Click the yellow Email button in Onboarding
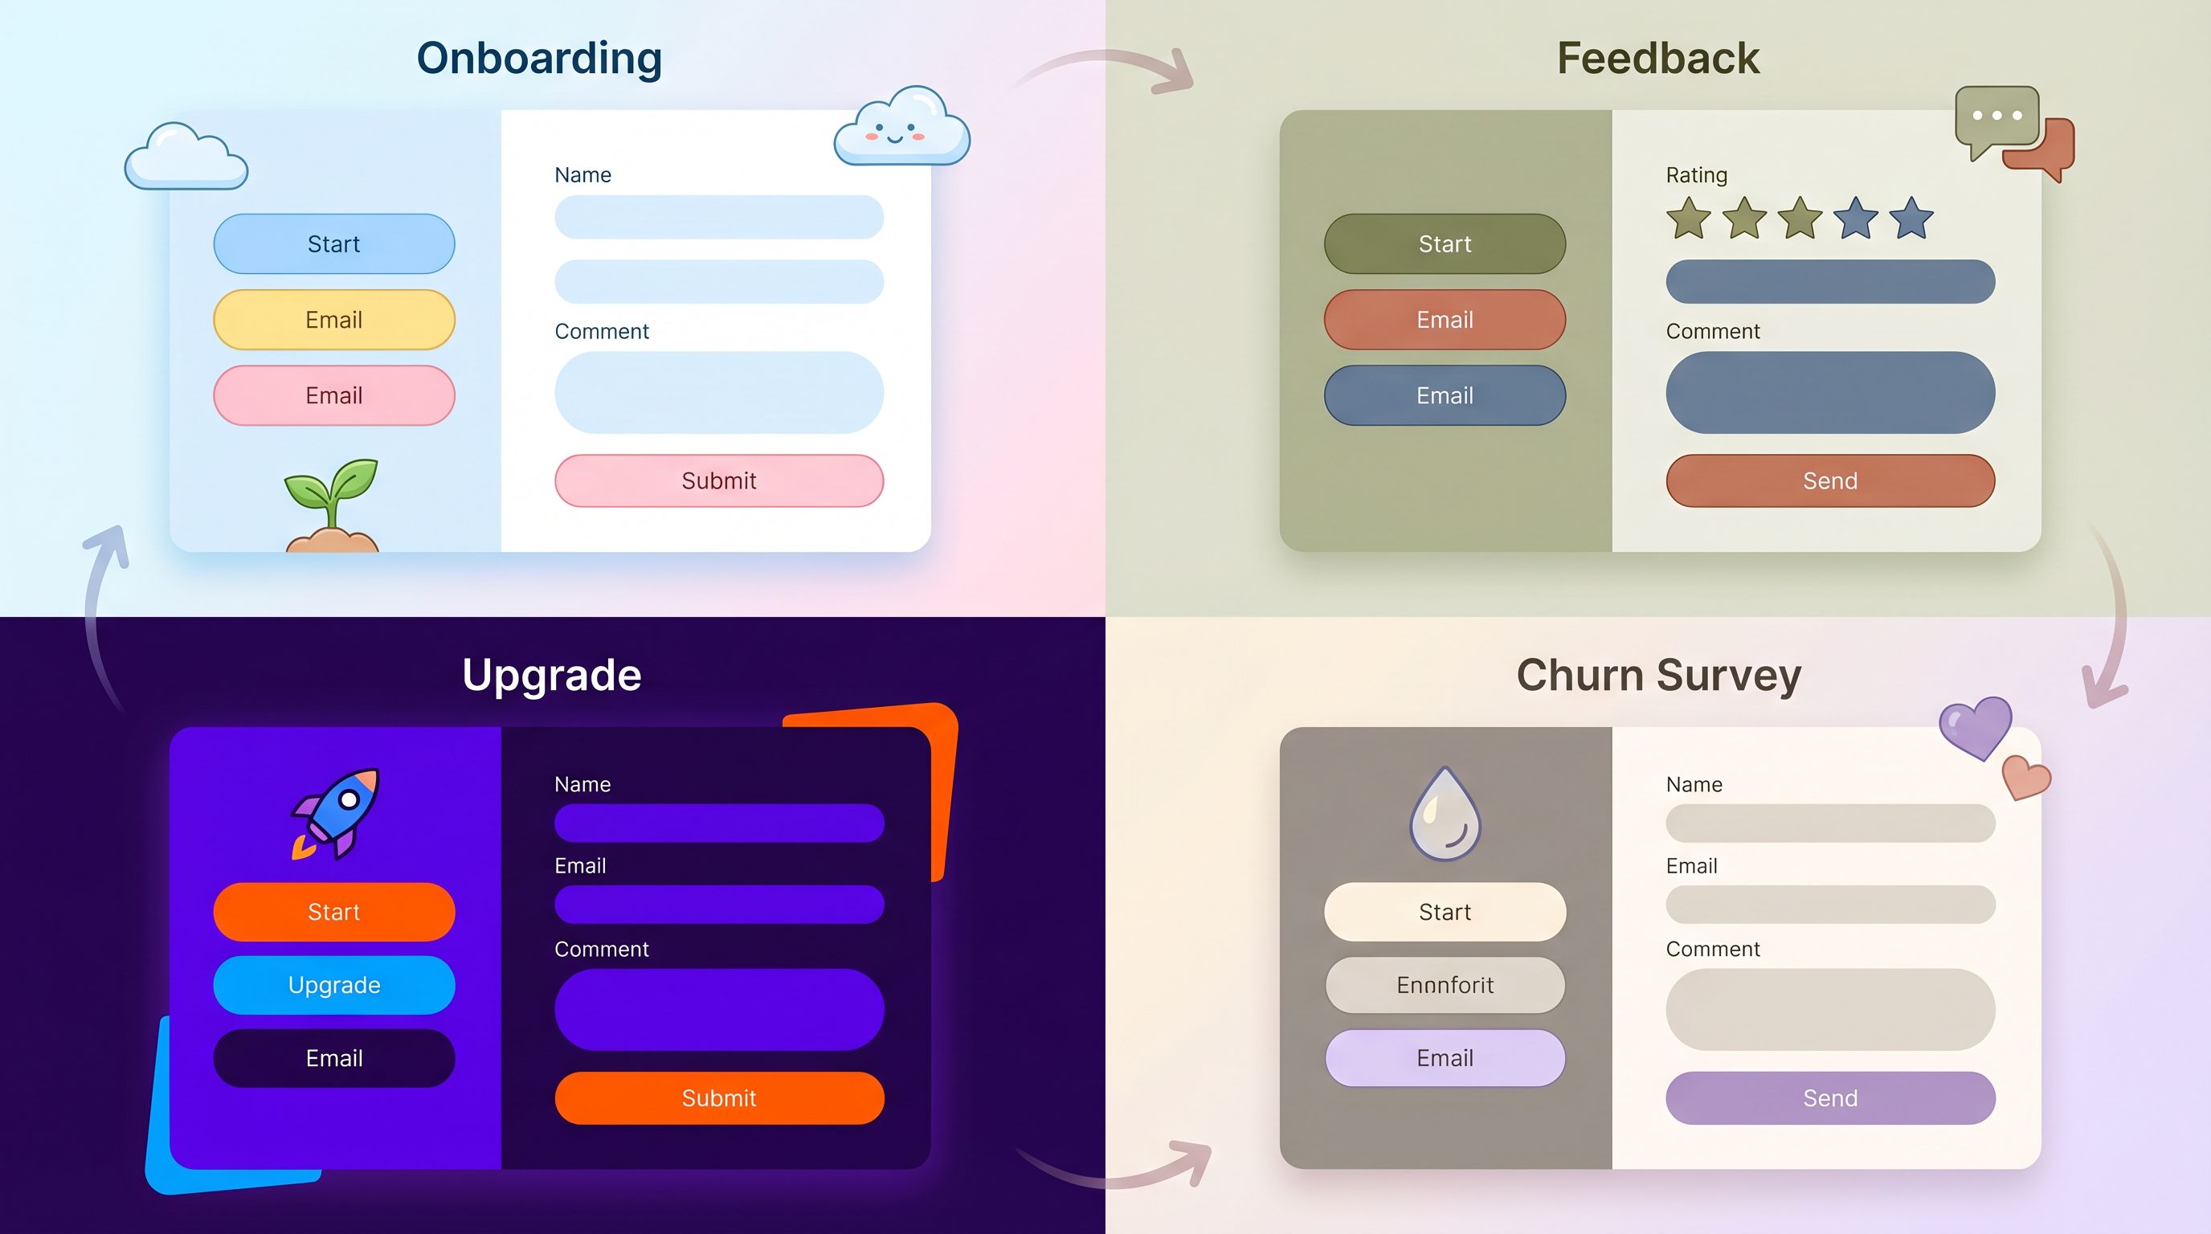pos(334,319)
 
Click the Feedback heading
pos(1657,59)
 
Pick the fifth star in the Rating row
pos(1911,218)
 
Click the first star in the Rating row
pos(1688,218)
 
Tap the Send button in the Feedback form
pos(1830,480)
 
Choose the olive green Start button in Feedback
pos(1445,243)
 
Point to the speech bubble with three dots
pos(1996,118)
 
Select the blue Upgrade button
pos(334,984)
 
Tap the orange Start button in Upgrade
pos(334,911)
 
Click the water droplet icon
pos(1445,815)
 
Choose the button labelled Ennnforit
pos(1445,984)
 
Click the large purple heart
pos(1976,726)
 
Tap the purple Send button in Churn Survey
pos(1830,1097)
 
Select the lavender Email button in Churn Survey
pos(1445,1057)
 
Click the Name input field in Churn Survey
pos(1830,823)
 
